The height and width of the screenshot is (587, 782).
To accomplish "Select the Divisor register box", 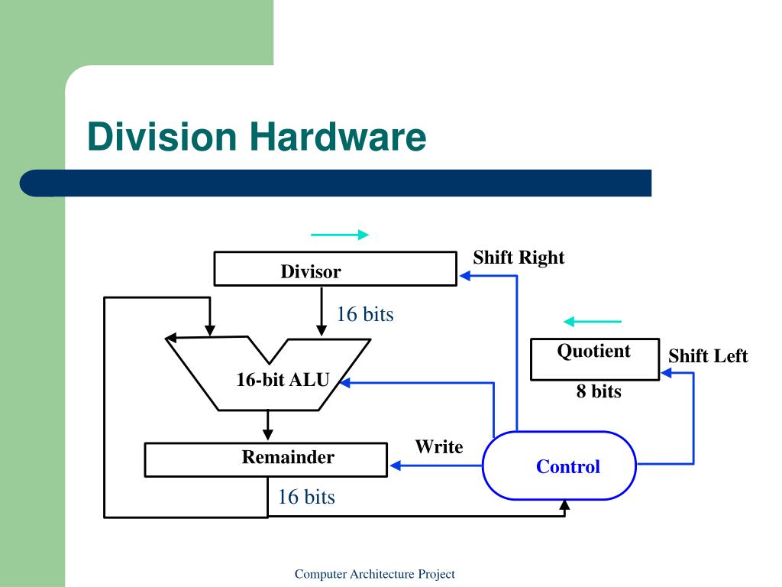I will pyautogui.click(x=335, y=269).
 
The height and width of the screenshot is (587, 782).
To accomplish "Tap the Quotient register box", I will pyautogui.click(x=594, y=359).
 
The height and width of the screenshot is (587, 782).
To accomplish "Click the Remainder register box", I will pyautogui.click(x=266, y=459).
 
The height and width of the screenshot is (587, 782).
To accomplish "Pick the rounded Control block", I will pyautogui.click(x=559, y=466).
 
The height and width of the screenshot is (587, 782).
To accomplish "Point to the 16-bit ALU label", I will pyautogui.click(x=282, y=379).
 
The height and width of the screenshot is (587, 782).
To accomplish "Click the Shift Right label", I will pyautogui.click(x=519, y=258).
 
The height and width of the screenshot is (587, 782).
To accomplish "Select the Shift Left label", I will pyautogui.click(x=708, y=356).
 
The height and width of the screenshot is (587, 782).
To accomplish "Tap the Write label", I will pyautogui.click(x=438, y=447).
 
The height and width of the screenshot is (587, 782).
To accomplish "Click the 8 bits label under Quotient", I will pyautogui.click(x=599, y=392).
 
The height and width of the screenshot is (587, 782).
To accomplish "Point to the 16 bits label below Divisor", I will pyautogui.click(x=365, y=314).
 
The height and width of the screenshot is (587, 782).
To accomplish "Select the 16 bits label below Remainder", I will pyautogui.click(x=306, y=497).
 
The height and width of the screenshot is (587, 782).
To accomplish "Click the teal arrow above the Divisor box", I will pyautogui.click(x=340, y=235).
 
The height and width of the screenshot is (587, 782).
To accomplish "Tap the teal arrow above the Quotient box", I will pyautogui.click(x=592, y=322).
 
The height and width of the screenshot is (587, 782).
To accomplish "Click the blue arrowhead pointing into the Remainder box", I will pyautogui.click(x=395, y=465).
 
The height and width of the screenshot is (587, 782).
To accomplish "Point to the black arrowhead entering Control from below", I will pyautogui.click(x=565, y=506).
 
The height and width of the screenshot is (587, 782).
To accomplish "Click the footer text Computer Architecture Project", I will pyautogui.click(x=375, y=574).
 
